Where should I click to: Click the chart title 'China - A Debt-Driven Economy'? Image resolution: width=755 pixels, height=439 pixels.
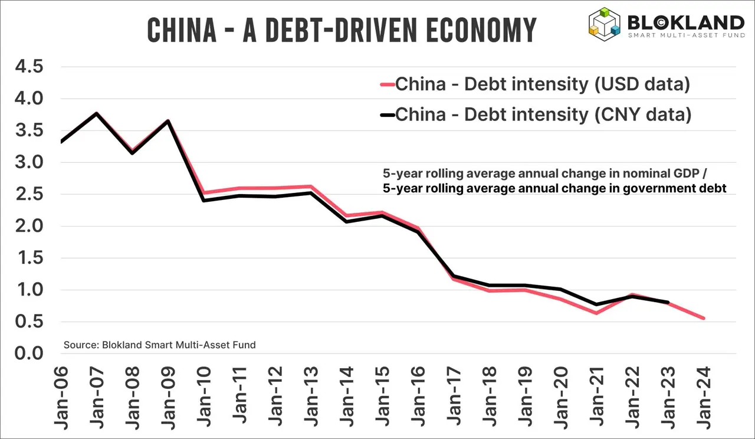(x=342, y=30)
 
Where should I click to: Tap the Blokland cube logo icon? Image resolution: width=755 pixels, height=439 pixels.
(x=605, y=22)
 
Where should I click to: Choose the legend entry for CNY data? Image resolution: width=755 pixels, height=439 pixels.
(x=543, y=114)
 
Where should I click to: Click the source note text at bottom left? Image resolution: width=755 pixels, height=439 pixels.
(x=159, y=345)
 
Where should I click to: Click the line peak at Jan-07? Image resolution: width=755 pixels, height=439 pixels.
(x=96, y=113)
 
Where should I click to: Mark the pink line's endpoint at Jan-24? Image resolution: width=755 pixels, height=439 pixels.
(x=704, y=319)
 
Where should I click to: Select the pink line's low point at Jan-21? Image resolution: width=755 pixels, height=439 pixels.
(x=596, y=313)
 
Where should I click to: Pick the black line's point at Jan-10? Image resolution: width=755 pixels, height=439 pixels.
(x=203, y=201)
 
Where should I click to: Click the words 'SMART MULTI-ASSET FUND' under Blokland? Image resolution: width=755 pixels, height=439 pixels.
(x=685, y=35)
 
